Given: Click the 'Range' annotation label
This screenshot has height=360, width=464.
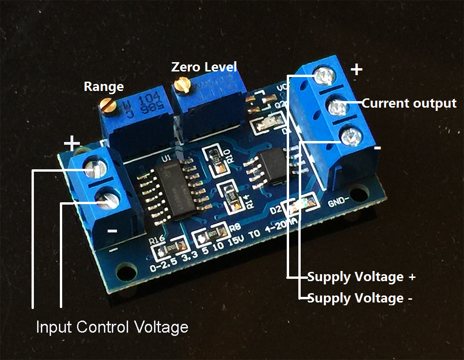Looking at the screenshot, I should click(x=103, y=87).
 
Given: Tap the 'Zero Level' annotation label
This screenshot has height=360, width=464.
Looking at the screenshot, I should click(x=204, y=67).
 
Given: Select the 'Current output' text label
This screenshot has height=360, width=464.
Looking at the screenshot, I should click(x=409, y=103).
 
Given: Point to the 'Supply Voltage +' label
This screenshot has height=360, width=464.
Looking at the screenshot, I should click(x=361, y=277).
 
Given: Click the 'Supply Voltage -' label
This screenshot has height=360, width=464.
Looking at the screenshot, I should click(x=360, y=298).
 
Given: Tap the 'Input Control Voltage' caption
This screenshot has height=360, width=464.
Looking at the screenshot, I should click(x=112, y=327).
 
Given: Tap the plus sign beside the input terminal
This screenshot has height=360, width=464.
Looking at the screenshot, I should click(x=71, y=142).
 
